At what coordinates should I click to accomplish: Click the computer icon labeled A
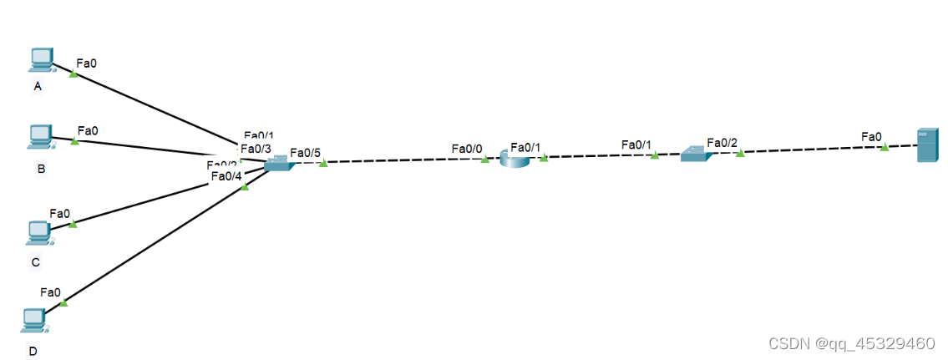(x=40, y=59)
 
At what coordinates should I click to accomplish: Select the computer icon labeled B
(x=40, y=135)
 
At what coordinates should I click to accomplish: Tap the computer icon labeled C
(x=38, y=232)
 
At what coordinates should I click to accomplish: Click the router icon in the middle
(x=515, y=158)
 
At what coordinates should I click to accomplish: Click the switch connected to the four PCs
(x=277, y=165)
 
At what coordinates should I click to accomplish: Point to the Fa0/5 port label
(x=305, y=153)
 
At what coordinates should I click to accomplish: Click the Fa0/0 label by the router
(x=467, y=149)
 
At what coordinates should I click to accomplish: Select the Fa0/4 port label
(x=226, y=175)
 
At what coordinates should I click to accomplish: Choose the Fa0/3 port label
(x=256, y=149)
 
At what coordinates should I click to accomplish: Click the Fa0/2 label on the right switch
(x=722, y=143)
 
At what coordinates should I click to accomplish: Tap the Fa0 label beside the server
(x=871, y=136)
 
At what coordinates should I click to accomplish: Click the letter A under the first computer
(x=37, y=87)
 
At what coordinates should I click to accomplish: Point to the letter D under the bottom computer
(x=33, y=351)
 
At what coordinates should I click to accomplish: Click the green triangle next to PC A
(x=74, y=74)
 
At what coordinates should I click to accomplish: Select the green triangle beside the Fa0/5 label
(x=323, y=163)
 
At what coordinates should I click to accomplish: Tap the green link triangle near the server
(x=884, y=147)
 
